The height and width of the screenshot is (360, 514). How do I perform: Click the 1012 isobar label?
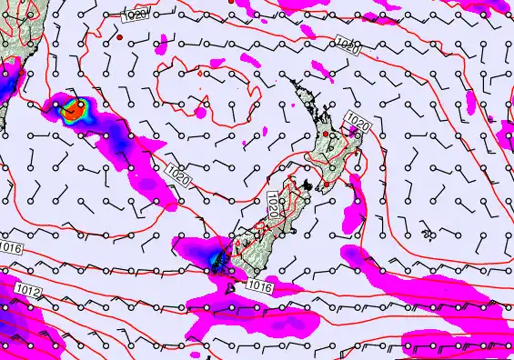[27, 290]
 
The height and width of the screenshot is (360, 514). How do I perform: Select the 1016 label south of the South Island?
[259, 285]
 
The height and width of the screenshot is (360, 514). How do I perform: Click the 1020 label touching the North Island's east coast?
[358, 120]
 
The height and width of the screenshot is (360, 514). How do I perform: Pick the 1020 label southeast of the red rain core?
[178, 178]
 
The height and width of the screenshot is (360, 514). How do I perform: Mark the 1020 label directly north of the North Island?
[346, 45]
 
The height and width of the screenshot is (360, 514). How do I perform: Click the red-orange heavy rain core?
[75, 110]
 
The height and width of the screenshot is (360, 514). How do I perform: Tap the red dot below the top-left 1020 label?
[120, 38]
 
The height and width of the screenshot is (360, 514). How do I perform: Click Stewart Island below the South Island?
[232, 288]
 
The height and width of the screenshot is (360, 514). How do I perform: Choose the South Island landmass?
[264, 236]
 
